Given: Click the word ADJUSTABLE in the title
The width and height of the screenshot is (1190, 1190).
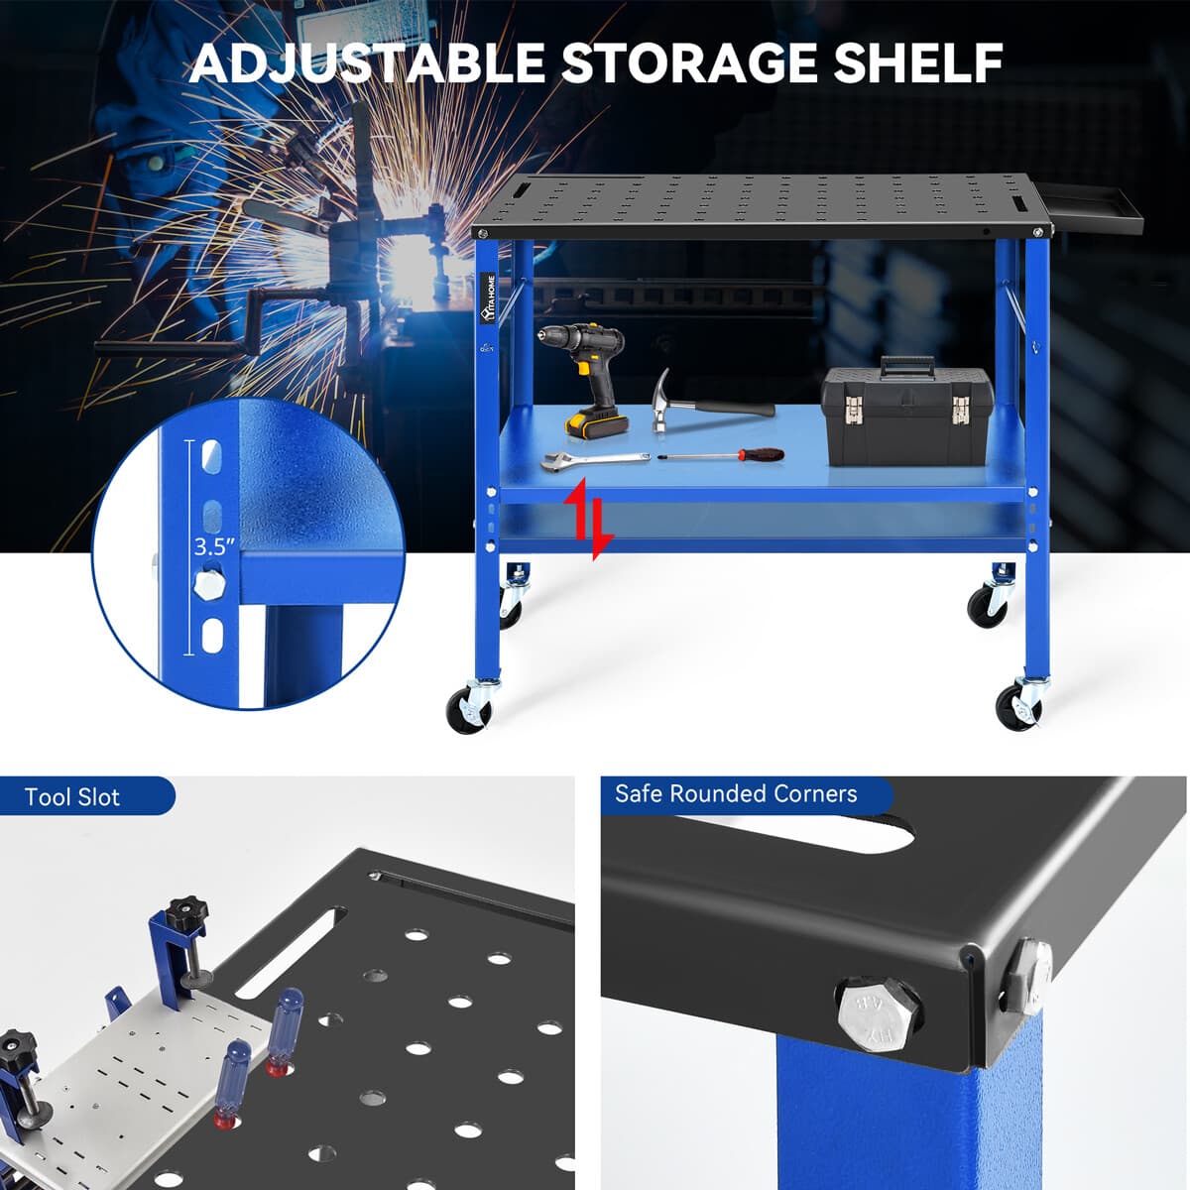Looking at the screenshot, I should point(367,62).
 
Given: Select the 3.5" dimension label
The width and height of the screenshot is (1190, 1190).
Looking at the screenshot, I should point(214,545).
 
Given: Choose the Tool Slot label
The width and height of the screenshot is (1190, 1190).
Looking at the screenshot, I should point(72,797).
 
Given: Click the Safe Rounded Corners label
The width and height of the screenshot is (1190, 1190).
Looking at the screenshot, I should point(736,794).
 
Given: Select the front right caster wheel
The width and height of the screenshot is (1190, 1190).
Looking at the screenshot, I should point(1017,706).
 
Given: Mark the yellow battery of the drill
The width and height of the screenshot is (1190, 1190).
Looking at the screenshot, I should point(596,421).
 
